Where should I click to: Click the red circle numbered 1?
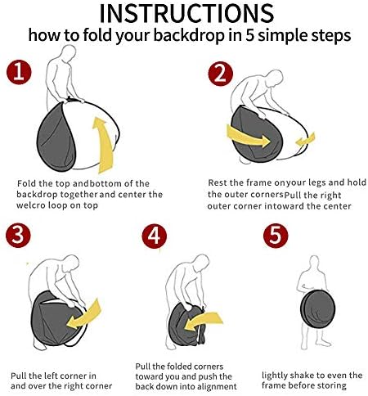(x=19, y=72)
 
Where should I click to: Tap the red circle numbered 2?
(x=220, y=74)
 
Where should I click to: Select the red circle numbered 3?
(x=18, y=235)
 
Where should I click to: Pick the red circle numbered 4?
(x=155, y=236)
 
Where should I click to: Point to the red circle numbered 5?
(x=276, y=236)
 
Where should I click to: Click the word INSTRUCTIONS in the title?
(x=186, y=13)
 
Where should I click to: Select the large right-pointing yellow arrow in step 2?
(x=247, y=136)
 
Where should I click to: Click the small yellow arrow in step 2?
(x=306, y=140)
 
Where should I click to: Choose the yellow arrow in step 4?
(x=203, y=322)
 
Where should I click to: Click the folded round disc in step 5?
(x=317, y=309)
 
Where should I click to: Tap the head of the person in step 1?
(x=68, y=52)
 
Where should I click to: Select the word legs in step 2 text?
(x=316, y=183)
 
